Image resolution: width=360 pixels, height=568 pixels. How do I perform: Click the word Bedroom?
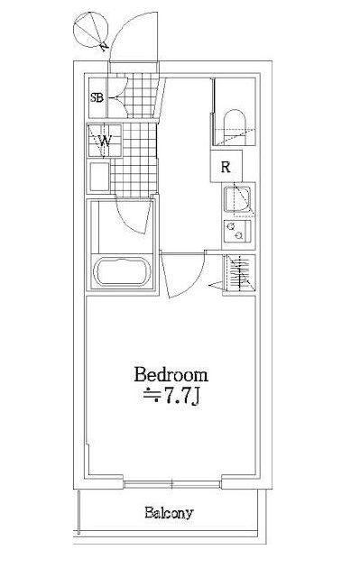(171, 374)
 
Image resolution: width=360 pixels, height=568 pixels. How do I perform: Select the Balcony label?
(169, 513)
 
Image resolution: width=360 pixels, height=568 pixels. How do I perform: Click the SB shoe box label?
(97, 97)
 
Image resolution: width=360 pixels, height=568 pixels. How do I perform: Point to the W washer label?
(105, 140)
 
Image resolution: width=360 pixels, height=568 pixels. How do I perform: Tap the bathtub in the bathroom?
(122, 271)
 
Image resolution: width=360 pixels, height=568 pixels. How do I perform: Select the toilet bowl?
(235, 126)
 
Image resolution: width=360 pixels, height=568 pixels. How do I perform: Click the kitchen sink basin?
(237, 199)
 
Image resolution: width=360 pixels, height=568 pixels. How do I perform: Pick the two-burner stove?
(237, 232)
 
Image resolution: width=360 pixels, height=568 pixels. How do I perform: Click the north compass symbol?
(91, 30)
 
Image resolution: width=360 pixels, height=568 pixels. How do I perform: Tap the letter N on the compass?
(105, 46)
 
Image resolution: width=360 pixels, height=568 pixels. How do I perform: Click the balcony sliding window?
(171, 484)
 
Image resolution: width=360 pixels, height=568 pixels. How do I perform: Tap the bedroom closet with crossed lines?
(239, 272)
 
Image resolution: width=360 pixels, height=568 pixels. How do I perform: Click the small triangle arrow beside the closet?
(217, 286)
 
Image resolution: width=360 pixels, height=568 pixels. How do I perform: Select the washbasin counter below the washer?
(99, 177)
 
